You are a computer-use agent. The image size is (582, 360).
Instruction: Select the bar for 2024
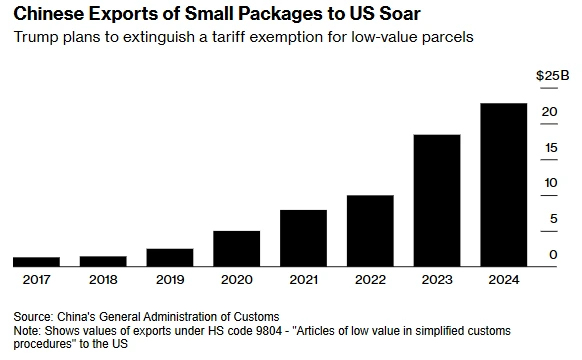click(504, 185)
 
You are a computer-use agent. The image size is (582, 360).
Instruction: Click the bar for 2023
click(437, 200)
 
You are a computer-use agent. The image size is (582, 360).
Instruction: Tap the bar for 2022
click(370, 231)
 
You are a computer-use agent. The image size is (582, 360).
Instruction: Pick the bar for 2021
click(303, 238)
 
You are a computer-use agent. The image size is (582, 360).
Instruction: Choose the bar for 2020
click(236, 249)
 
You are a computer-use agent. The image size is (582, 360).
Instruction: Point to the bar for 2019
click(170, 258)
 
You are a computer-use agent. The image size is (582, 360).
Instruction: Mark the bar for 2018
click(103, 261)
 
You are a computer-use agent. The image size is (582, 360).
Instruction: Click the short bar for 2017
click(36, 262)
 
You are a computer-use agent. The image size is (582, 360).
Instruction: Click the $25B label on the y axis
click(552, 76)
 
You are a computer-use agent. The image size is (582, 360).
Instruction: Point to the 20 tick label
click(549, 112)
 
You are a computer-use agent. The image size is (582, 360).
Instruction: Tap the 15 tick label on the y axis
click(551, 148)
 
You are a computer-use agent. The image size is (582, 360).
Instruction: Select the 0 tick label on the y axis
click(553, 255)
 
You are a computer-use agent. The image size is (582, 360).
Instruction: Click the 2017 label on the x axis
click(36, 279)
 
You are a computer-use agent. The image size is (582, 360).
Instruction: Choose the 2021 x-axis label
click(303, 279)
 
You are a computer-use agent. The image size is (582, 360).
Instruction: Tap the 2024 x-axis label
click(504, 279)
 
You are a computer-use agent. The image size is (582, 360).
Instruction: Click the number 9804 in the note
click(269, 330)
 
